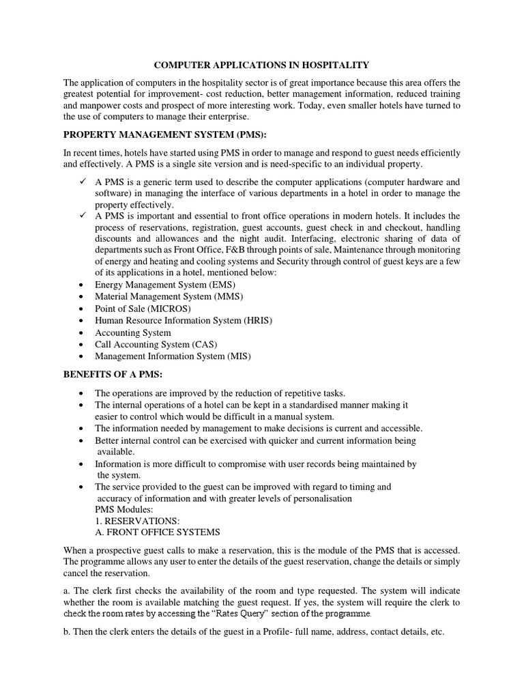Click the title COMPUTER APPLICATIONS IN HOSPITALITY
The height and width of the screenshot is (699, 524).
262,65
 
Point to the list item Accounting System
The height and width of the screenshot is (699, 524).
132,332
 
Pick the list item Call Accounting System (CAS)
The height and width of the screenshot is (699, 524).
156,344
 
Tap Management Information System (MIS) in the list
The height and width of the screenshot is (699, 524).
169,356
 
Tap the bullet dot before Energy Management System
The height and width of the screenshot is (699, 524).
82,285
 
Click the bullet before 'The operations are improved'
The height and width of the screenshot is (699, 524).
82,394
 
